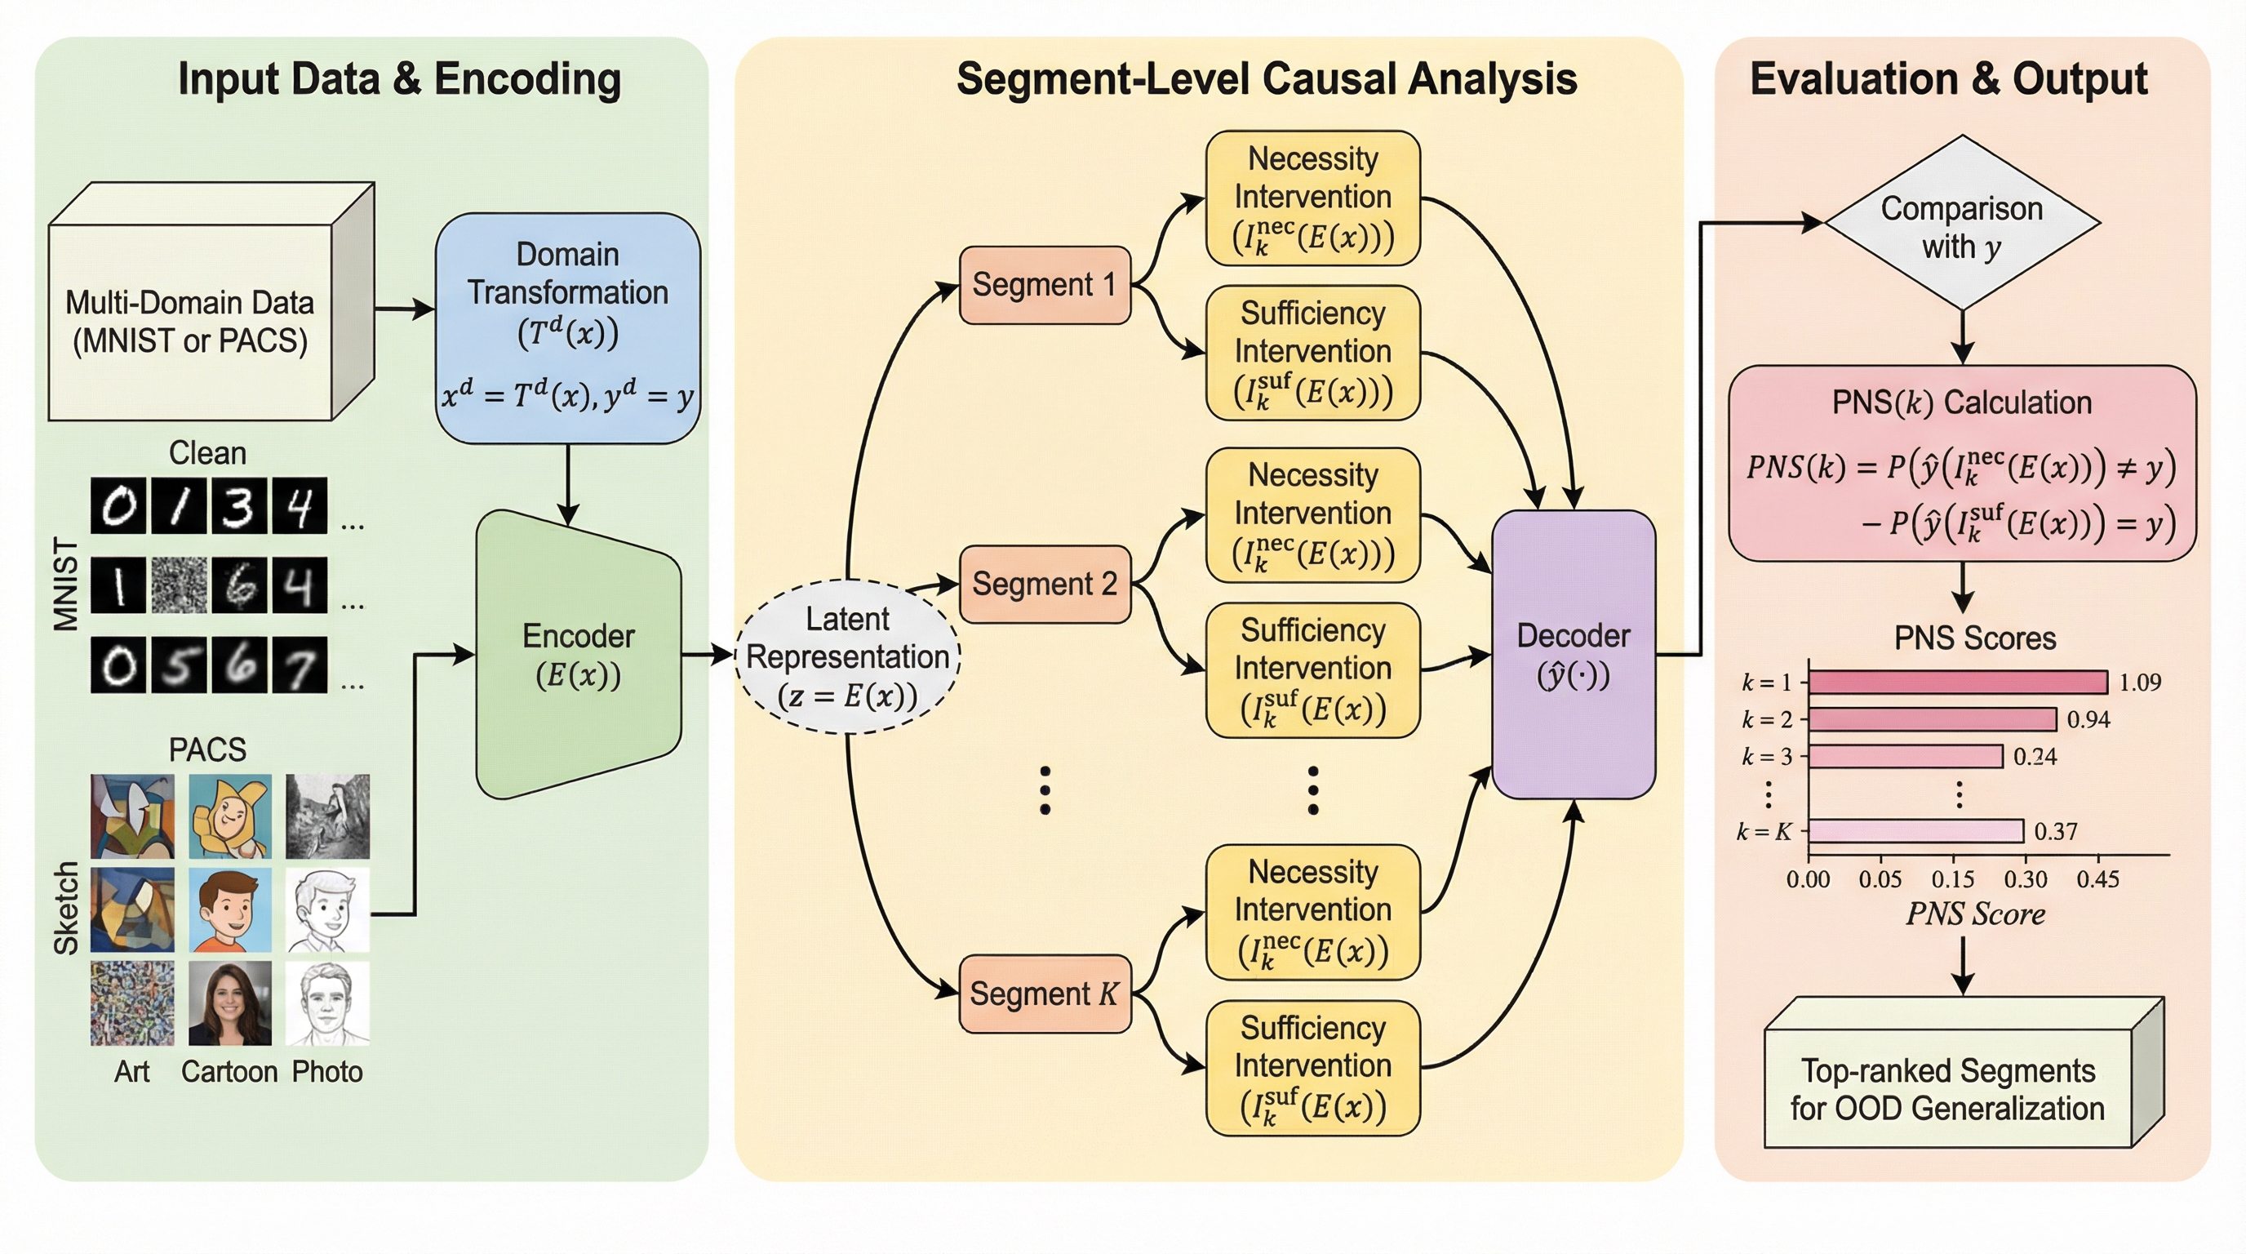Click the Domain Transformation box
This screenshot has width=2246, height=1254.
click(x=567, y=327)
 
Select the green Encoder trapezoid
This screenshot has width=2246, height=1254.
click(x=578, y=654)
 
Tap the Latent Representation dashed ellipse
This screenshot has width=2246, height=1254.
click(x=847, y=656)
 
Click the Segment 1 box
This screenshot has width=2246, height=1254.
click(x=1045, y=285)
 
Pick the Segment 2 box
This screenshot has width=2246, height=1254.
click(x=1045, y=584)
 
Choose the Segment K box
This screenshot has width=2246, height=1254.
click(x=1045, y=994)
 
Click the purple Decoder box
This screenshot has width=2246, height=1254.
click(x=1573, y=654)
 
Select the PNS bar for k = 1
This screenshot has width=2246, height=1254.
click(x=1957, y=682)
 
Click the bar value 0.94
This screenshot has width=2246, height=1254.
click(x=2088, y=719)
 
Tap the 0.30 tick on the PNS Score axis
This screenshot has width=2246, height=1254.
click(x=2025, y=879)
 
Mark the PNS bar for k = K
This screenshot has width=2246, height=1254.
click(x=1916, y=831)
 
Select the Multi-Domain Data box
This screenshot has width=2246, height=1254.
click(x=190, y=321)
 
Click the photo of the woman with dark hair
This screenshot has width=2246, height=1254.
click(x=229, y=1003)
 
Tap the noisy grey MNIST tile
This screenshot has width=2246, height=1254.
click(x=179, y=585)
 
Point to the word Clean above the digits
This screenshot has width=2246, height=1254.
click(x=207, y=452)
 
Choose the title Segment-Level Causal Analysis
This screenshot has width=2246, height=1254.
click(x=1266, y=78)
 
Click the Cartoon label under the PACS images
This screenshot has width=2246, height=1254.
click(x=229, y=1071)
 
